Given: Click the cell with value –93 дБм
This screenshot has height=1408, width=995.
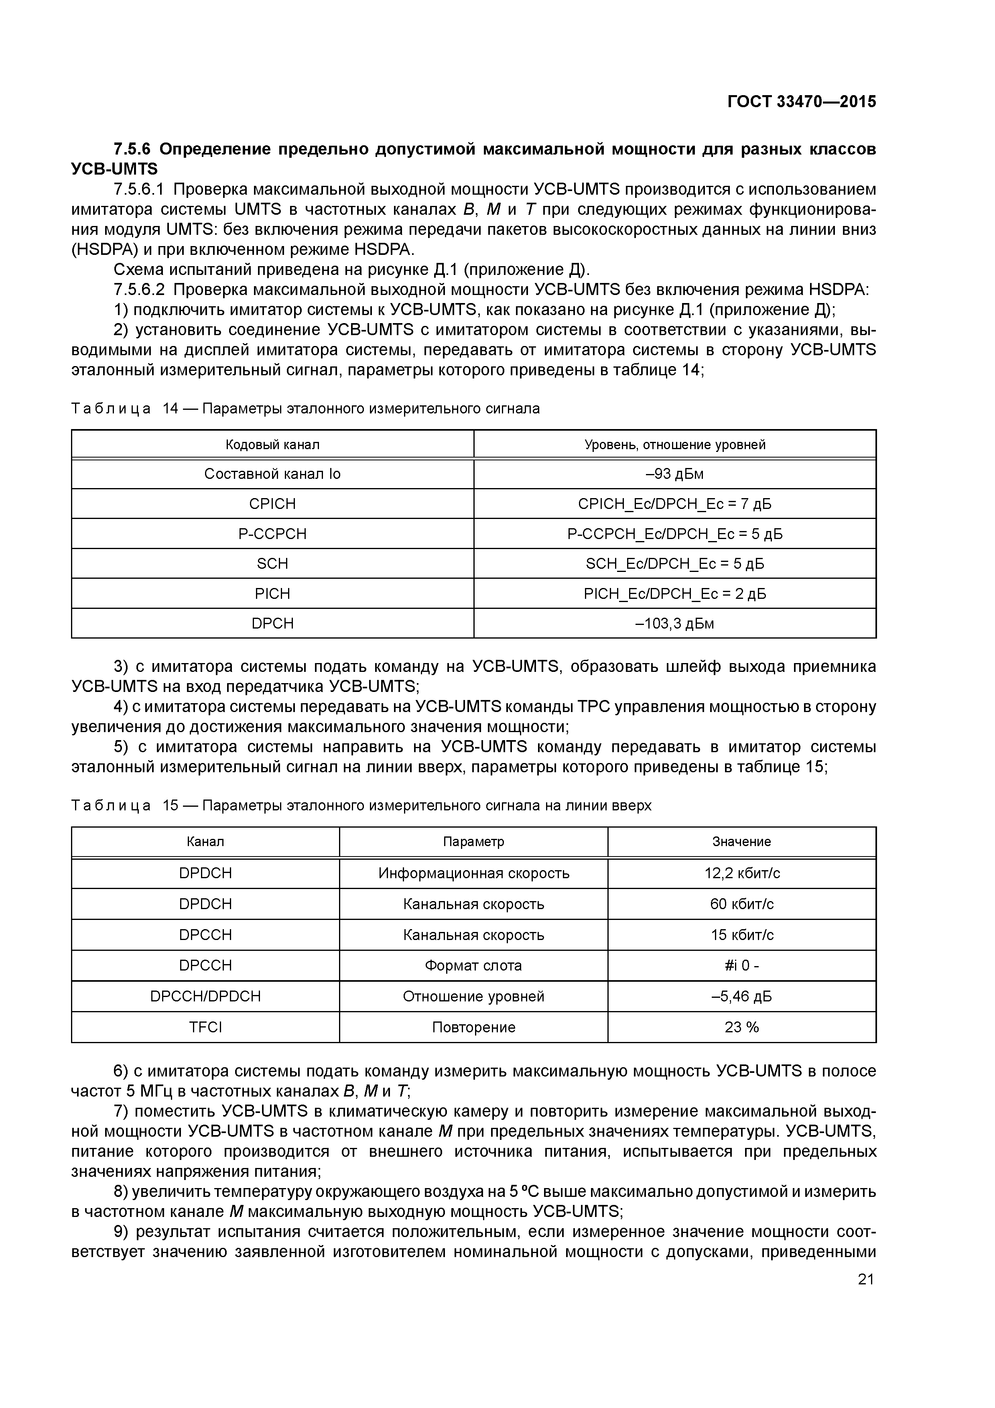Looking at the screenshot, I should pos(674,474).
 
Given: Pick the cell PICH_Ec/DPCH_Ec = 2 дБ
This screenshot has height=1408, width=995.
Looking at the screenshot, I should pos(674,594).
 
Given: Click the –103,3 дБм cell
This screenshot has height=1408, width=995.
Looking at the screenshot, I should pos(674,624).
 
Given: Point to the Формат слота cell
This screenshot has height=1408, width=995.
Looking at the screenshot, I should pos(473,965).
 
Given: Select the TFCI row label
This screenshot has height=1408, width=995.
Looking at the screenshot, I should pos(205,1027).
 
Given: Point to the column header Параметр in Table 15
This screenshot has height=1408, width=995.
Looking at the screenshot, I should pos(473,841).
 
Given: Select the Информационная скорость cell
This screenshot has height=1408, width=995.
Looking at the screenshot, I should pos(473,873).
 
